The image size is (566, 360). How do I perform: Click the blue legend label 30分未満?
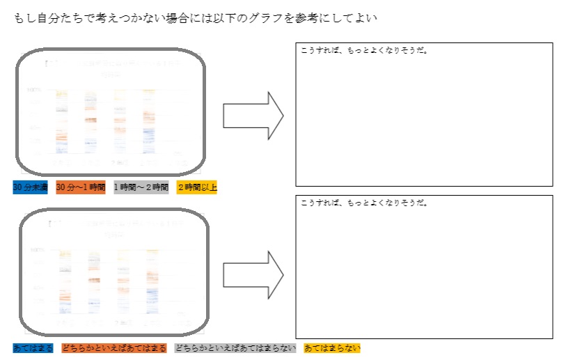pyautogui.click(x=30, y=187)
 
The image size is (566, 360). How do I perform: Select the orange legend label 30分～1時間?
pyautogui.click(x=81, y=187)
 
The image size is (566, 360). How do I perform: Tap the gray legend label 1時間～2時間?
pyautogui.click(x=141, y=187)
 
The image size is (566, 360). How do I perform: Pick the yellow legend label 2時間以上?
pyautogui.click(x=196, y=187)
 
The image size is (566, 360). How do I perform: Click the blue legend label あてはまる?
pyautogui.click(x=33, y=347)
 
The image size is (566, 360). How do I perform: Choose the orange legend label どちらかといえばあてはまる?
pyautogui.click(x=113, y=347)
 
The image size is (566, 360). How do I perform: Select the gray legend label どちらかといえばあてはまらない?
pyautogui.click(x=235, y=347)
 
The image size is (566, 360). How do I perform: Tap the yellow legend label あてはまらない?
pyautogui.click(x=332, y=347)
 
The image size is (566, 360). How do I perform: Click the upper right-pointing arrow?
pyautogui.click(x=253, y=115)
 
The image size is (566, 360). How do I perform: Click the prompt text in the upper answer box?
pyautogui.click(x=362, y=50)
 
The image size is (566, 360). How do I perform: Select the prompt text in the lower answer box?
pyautogui.click(x=362, y=203)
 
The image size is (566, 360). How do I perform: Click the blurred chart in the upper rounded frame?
pyautogui.click(x=111, y=111)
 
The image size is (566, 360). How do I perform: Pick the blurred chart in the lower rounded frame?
pyautogui.click(x=114, y=272)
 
